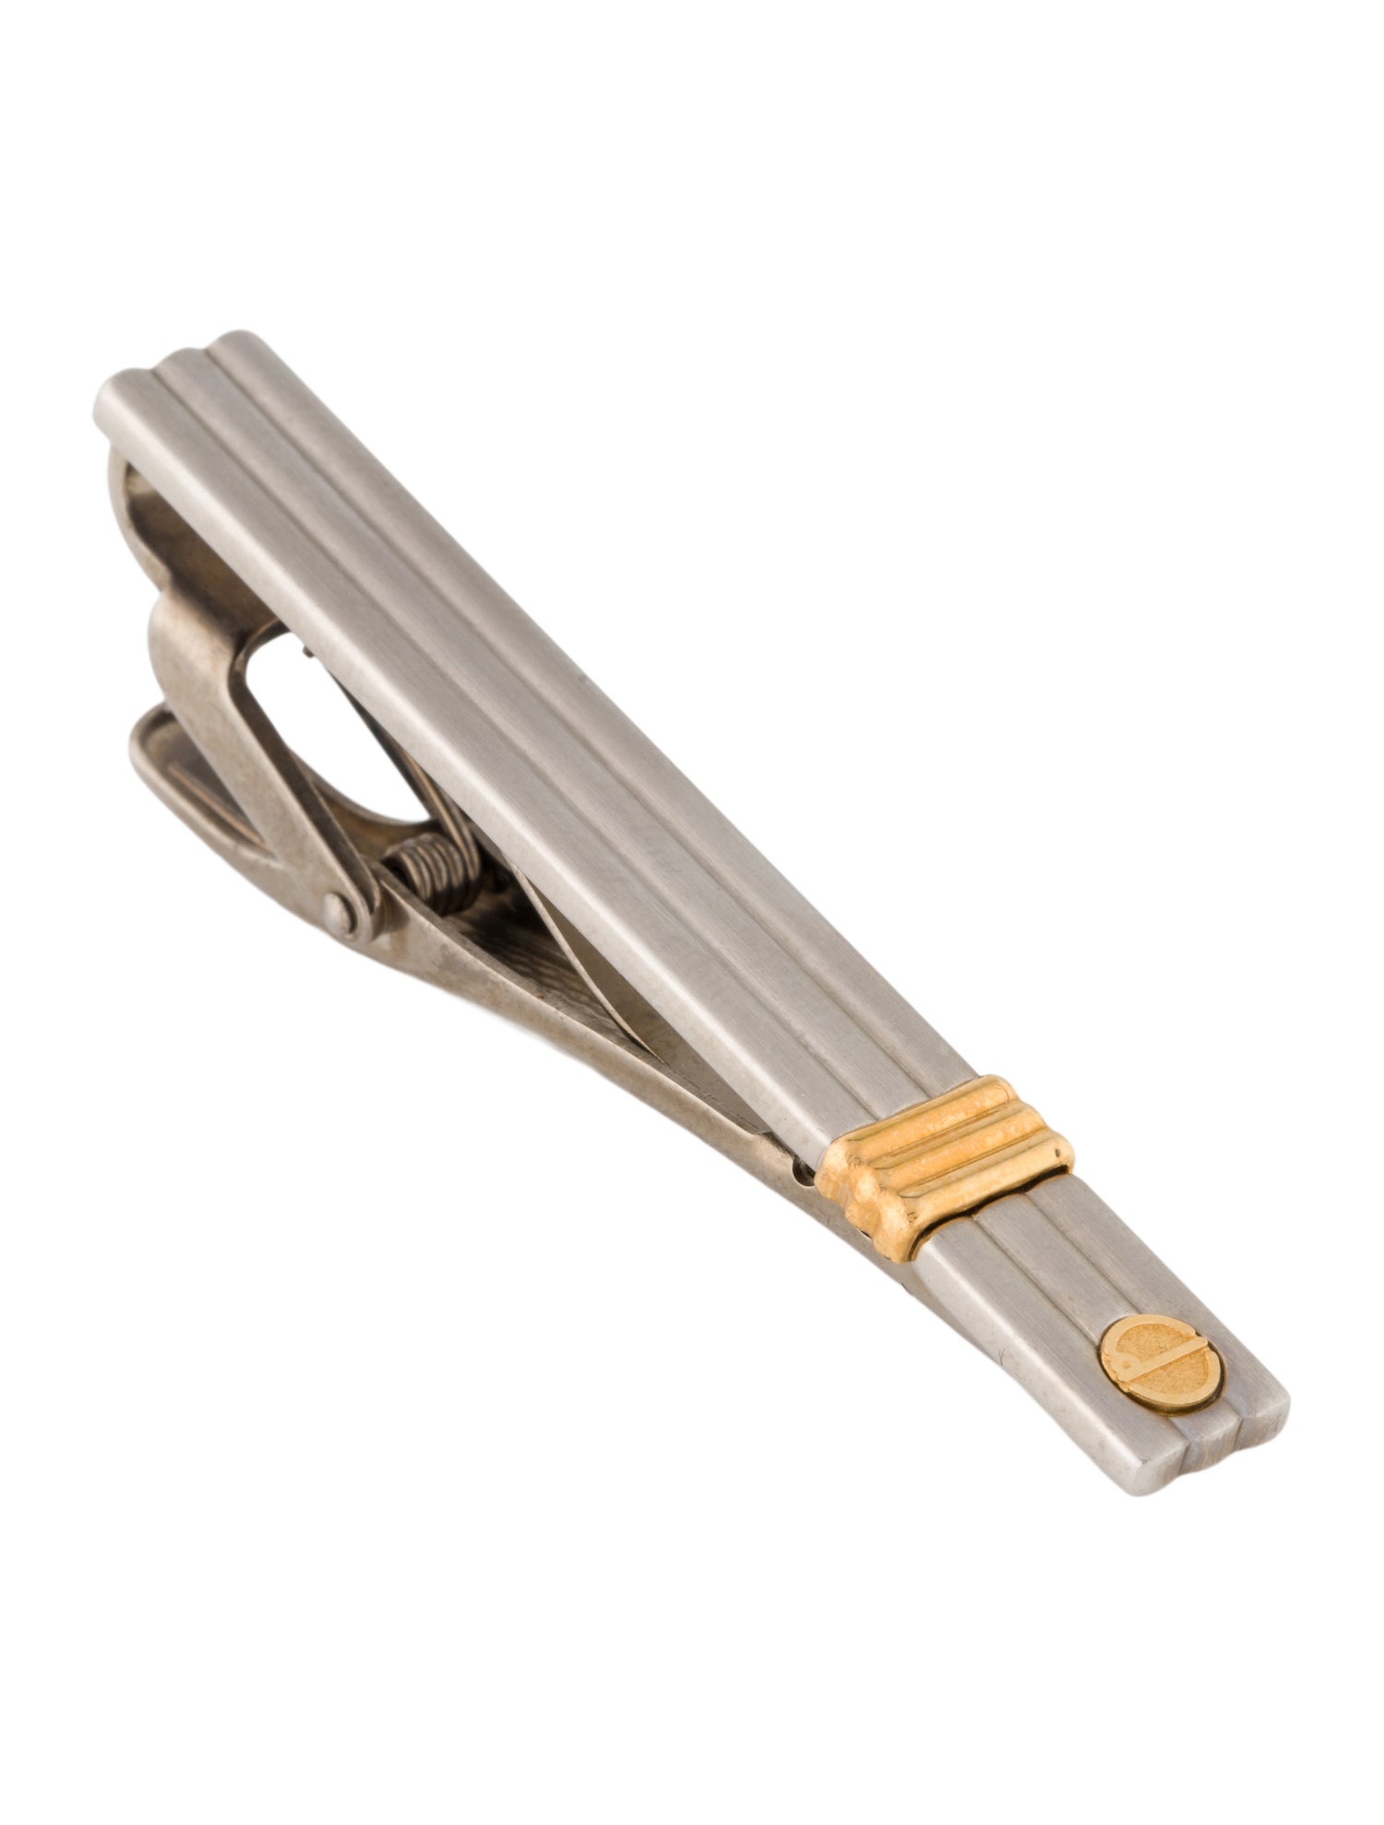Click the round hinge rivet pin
343,915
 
